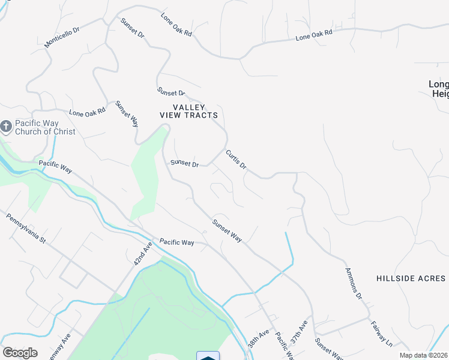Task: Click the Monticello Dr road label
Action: (x=62, y=38)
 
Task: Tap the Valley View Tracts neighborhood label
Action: (x=188, y=111)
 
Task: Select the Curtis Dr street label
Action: (x=236, y=159)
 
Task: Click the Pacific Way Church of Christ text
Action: (x=46, y=127)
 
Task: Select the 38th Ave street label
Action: (x=259, y=340)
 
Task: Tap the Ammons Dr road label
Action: (x=354, y=284)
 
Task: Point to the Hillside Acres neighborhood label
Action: (x=411, y=278)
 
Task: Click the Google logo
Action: (x=20, y=353)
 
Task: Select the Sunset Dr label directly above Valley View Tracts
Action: (x=171, y=92)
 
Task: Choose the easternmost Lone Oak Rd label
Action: (x=314, y=37)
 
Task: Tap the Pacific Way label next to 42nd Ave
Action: (x=177, y=242)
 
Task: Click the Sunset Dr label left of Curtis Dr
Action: (x=184, y=163)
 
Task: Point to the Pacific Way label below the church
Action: (x=55, y=166)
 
